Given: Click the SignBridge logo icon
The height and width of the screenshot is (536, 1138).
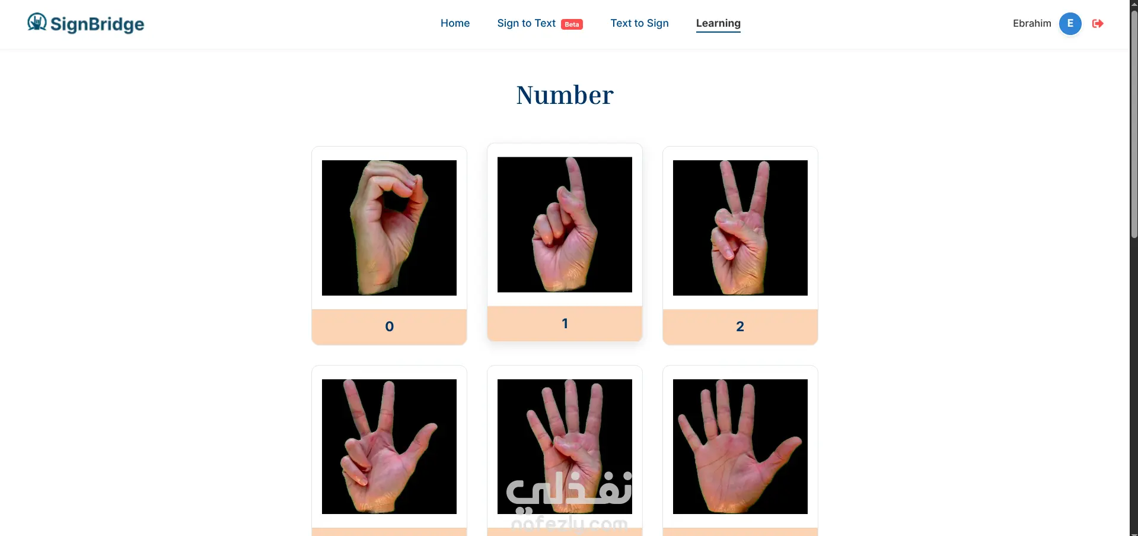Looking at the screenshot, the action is coord(37,22).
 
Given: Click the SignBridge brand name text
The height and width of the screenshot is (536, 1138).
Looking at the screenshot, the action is coord(97,24).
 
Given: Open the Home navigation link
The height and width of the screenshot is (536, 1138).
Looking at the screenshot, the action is coord(455,23).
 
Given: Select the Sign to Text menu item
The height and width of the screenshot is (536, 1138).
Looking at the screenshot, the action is coord(526,23).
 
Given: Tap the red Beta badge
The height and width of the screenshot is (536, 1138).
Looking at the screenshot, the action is coord(572,24).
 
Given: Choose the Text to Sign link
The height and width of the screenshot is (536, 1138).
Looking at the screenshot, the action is coord(639,23).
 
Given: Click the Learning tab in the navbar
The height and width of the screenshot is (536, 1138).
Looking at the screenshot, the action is coord(718,23).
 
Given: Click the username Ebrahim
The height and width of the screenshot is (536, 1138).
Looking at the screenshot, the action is coord(1032,23).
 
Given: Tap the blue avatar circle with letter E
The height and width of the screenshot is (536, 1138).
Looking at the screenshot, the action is coord(1070,24).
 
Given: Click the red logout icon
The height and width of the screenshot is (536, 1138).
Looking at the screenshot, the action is coord(1098,24).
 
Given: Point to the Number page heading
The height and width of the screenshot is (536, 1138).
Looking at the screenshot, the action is coord(565,95).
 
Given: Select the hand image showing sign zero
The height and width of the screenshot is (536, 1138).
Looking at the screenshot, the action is coord(389,228).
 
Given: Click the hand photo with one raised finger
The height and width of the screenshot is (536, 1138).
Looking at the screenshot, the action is coord(565,224).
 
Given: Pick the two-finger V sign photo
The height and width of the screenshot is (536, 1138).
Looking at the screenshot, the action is coord(740,228).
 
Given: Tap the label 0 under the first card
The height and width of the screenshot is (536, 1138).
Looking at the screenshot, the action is coord(389,326).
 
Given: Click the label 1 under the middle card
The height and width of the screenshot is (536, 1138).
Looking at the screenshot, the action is coord(565,323).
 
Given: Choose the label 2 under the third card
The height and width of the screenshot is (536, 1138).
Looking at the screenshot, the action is coord(740,326).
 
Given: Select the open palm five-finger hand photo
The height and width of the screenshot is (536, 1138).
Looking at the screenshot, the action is coord(740,446).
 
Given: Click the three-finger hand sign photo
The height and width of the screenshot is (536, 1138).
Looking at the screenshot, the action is coord(389,446).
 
